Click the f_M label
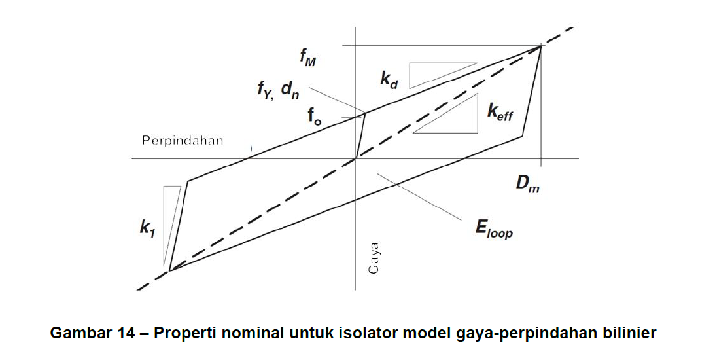pyautogui.click(x=307, y=57)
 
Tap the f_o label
pyautogui.click(x=315, y=117)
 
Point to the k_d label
pyautogui.click(x=389, y=79)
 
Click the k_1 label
pyautogui.click(x=147, y=228)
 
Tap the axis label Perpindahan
pyautogui.click(x=183, y=140)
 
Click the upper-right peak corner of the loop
pyautogui.click(x=541, y=46)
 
